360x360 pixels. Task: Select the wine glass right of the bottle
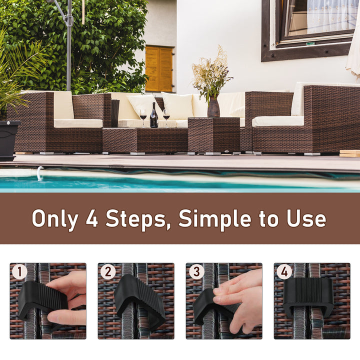point(166,116)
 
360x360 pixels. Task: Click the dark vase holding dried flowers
point(213,107)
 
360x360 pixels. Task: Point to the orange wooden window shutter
point(159,69)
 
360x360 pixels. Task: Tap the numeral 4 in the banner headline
point(91,218)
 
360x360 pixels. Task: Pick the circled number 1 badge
point(19,272)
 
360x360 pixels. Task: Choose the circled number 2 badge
point(107,272)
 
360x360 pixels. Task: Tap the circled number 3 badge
point(195,272)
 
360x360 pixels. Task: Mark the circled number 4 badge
point(284,272)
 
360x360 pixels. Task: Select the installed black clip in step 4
point(308,296)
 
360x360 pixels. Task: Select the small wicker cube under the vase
point(213,134)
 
